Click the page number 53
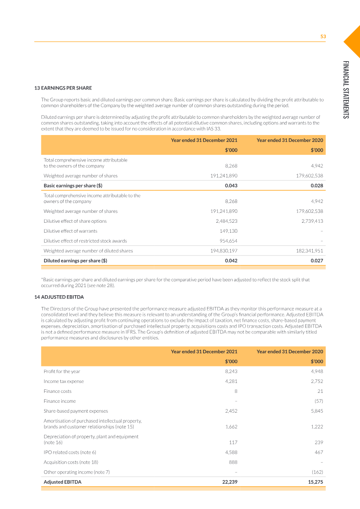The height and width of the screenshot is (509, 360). [x=323, y=37]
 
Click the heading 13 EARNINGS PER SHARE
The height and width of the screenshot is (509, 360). [x=63, y=88]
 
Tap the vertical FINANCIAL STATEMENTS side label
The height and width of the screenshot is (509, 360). [x=346, y=90]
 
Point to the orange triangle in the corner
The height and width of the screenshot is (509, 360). [x=353, y=41]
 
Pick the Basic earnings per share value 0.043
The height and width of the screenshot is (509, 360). [x=231, y=185]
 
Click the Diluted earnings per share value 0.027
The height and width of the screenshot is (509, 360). [x=317, y=261]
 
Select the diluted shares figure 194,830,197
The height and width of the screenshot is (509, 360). [x=224, y=251]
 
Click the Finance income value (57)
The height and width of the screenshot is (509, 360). [x=318, y=401]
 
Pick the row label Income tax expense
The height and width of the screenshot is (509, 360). [x=63, y=381]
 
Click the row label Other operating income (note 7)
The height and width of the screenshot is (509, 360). [x=76, y=472]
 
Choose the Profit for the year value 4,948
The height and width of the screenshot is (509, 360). [x=316, y=371]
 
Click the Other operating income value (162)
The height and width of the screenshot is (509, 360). [x=316, y=472]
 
